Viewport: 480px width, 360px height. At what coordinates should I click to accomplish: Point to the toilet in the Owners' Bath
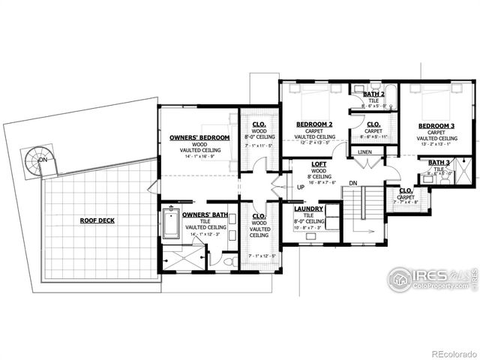229,261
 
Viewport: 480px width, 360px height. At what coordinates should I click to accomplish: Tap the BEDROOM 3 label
436,125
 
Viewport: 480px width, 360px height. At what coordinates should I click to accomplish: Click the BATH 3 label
439,162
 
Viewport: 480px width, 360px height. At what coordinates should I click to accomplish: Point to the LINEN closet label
364,152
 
